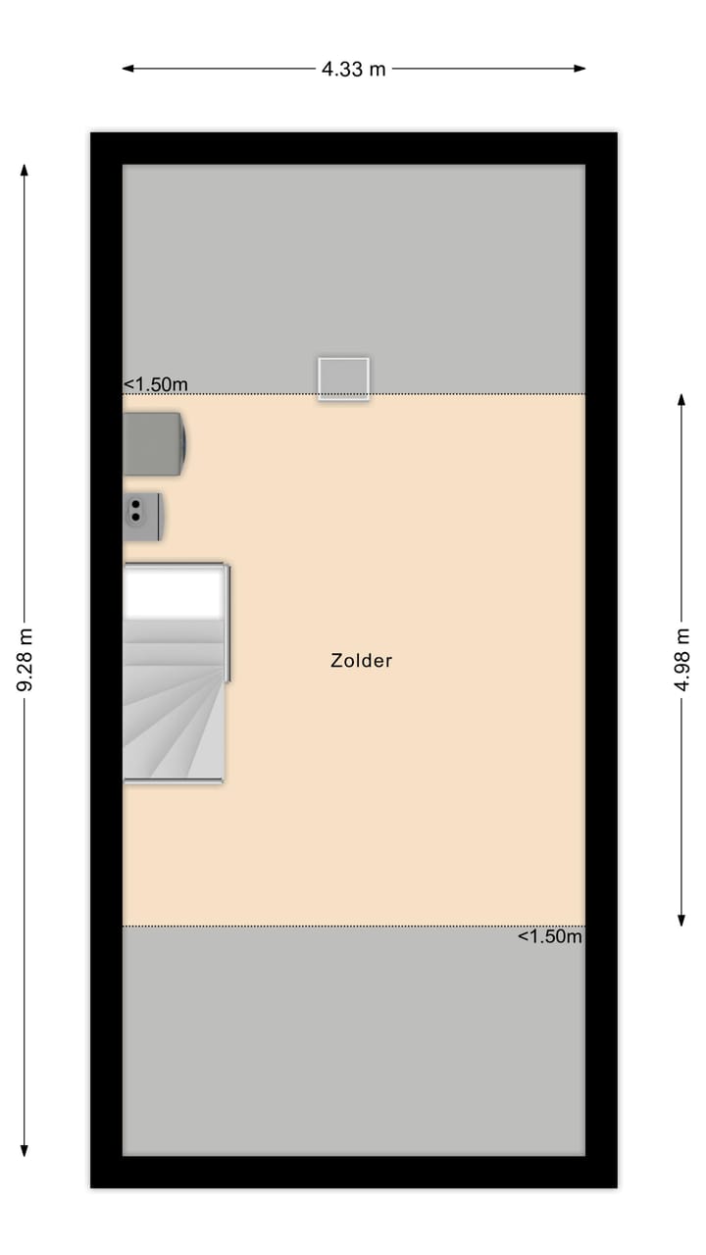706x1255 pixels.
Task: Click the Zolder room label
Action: coord(361,661)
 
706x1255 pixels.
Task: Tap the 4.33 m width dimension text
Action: coord(353,69)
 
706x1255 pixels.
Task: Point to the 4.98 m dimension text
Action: coord(681,660)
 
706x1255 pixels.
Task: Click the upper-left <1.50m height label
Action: coord(156,384)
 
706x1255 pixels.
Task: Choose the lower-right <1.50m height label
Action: coord(550,936)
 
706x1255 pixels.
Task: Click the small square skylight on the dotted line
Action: coord(343,378)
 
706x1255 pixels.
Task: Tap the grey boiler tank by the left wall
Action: coord(154,442)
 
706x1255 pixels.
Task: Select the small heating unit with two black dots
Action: coord(142,516)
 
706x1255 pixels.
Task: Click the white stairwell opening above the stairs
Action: coord(174,593)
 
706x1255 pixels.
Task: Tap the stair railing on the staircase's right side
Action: coord(228,623)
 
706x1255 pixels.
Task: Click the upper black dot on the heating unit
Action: coord(135,505)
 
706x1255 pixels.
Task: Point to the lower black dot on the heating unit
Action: coord(135,516)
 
